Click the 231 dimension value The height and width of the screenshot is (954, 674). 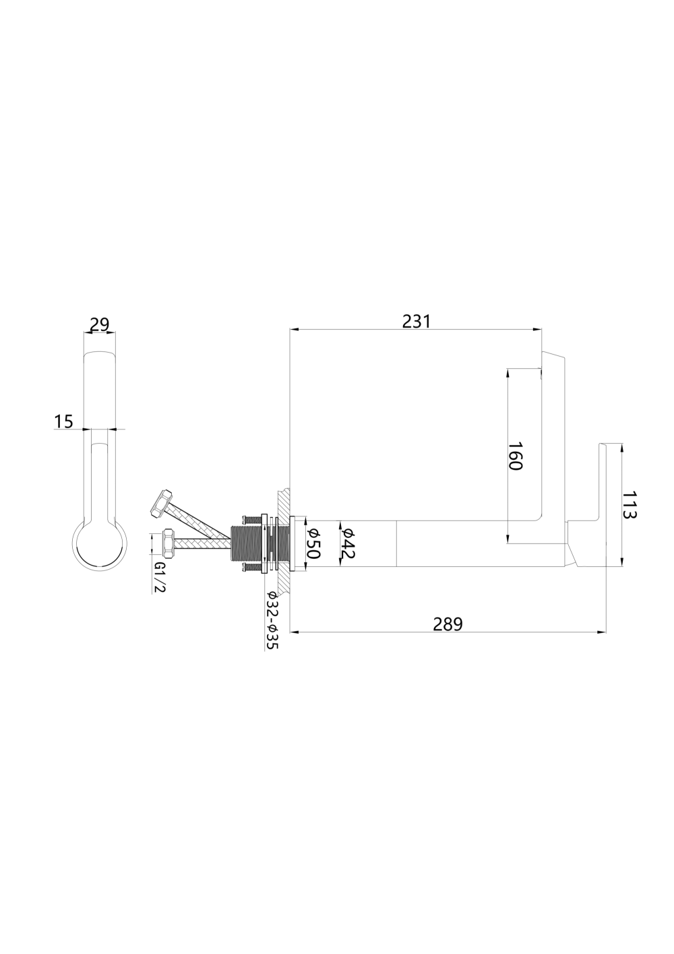(416, 322)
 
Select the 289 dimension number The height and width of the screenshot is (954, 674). (448, 624)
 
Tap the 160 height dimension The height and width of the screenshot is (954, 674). (515, 455)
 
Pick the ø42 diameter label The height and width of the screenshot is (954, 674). (348, 543)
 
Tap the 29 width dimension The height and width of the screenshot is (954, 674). (100, 324)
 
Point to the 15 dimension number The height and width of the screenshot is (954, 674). (64, 421)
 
